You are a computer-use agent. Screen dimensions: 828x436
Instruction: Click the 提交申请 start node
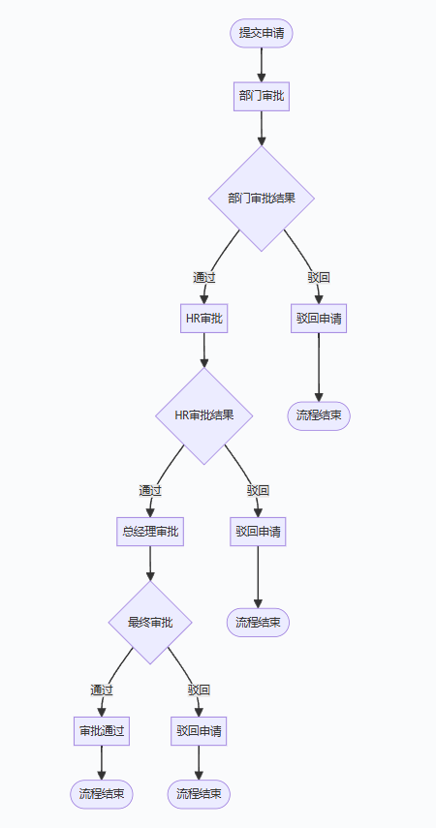click(261, 33)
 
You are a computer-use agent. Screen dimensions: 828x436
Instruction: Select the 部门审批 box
click(262, 96)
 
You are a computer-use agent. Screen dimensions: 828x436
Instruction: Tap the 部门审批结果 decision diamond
click(262, 199)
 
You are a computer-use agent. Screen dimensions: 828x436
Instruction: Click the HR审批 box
click(203, 318)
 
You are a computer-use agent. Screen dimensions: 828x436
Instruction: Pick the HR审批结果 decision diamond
click(203, 415)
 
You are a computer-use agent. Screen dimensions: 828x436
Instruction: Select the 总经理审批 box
click(149, 532)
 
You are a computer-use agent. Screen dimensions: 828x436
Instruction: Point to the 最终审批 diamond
click(149, 622)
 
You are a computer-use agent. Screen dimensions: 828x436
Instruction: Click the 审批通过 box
click(101, 730)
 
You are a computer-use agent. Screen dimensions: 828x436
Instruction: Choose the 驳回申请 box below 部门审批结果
click(319, 318)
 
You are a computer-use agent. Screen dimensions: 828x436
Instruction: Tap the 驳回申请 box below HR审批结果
click(258, 532)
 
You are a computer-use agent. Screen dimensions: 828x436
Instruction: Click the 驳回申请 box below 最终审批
click(199, 730)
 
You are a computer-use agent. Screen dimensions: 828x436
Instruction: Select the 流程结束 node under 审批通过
click(101, 794)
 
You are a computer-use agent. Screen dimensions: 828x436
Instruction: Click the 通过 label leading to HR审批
click(203, 277)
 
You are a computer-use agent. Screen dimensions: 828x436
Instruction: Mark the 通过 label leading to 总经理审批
click(149, 490)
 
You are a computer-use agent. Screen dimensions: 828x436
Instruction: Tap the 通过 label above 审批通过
click(101, 690)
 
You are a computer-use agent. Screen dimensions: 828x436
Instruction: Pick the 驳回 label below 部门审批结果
click(319, 277)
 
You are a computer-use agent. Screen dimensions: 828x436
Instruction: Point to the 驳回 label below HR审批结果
click(258, 490)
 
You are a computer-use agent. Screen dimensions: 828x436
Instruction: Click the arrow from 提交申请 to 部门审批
click(262, 64)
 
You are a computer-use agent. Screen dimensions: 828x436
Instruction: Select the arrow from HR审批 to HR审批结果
click(203, 350)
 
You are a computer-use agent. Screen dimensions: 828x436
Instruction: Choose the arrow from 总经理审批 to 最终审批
click(149, 564)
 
